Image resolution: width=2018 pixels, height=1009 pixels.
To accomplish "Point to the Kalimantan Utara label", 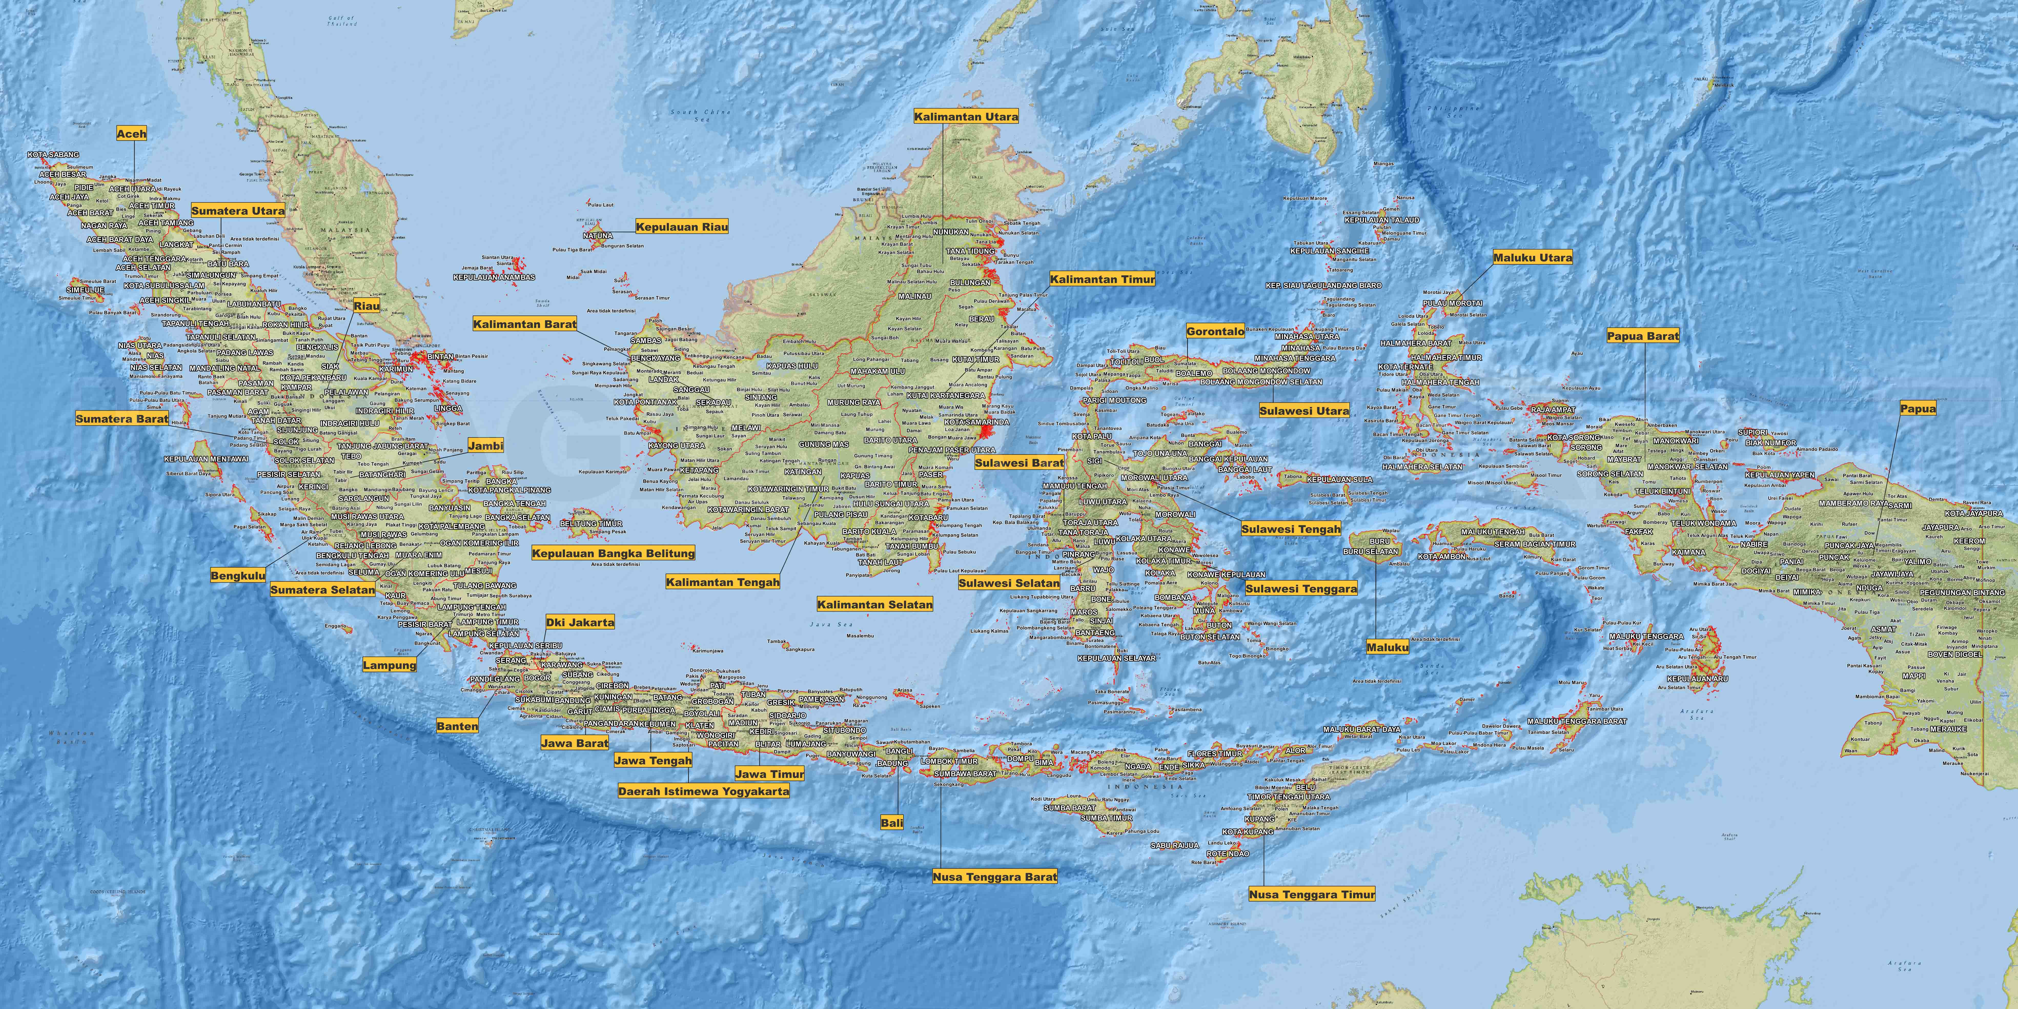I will tap(966, 117).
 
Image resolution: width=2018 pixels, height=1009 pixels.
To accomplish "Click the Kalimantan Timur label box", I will tap(1102, 279).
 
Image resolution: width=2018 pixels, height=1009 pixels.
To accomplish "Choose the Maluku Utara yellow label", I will tap(1532, 257).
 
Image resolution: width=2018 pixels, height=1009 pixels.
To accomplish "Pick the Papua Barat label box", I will tap(1643, 336).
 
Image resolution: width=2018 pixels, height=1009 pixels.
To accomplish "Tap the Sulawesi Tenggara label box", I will tap(1301, 588).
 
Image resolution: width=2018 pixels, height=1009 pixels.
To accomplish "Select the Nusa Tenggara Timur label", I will tap(1311, 894).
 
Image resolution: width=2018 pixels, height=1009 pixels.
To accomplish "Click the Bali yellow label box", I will tap(891, 823).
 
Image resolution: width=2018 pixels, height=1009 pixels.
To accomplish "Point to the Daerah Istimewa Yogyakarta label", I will tap(703, 791).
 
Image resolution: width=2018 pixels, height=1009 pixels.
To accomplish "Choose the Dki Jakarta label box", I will tap(580, 622).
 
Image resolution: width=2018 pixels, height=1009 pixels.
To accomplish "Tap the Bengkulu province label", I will tap(237, 576).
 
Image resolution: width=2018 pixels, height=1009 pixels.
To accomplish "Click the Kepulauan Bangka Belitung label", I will tap(613, 553).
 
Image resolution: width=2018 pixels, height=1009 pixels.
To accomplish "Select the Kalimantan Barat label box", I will tap(524, 323).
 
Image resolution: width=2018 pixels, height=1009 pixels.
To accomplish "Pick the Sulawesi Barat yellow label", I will tap(1018, 463).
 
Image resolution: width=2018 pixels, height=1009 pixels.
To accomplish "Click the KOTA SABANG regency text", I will tap(53, 155).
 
